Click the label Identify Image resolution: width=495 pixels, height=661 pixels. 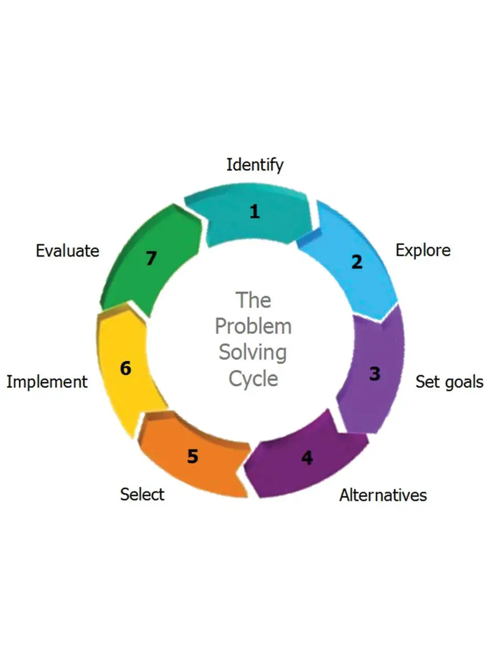click(255, 165)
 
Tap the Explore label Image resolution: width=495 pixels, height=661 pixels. click(422, 250)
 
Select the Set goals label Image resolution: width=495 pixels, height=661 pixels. click(449, 382)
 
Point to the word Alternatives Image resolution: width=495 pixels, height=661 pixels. click(383, 495)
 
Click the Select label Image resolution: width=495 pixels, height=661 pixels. click(142, 494)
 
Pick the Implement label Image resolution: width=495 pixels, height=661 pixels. click(47, 382)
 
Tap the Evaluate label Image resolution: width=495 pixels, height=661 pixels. click(67, 251)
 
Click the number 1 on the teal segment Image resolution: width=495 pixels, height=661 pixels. click(254, 212)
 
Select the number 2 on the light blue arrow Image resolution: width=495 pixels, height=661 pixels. click(357, 262)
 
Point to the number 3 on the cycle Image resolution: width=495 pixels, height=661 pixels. click(375, 374)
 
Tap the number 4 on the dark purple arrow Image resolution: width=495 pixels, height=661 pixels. click(307, 458)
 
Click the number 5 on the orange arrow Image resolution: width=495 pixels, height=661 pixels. click(192, 457)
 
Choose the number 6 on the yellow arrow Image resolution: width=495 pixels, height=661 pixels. click(125, 368)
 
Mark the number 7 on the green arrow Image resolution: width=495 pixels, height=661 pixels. click(151, 259)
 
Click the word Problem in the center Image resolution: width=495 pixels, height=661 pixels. click(253, 327)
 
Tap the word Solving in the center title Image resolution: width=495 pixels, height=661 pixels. click(253, 353)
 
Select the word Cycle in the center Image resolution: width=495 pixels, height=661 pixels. click(253, 379)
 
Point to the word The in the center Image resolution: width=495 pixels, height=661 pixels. click(253, 301)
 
